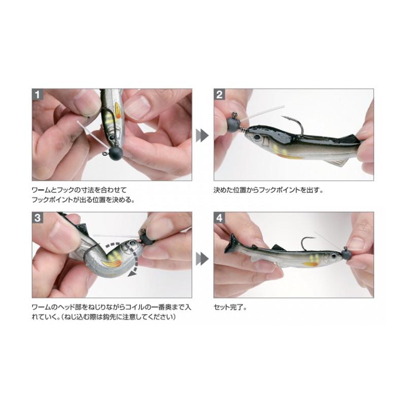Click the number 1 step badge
38,94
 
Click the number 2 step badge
219,94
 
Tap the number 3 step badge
38,218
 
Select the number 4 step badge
219,218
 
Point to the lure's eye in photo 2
257,137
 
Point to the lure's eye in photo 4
334,256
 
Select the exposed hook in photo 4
307,243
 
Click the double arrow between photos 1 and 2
202,136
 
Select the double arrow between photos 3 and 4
202,259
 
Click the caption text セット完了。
230,308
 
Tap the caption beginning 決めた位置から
268,190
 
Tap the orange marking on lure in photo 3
112,264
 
